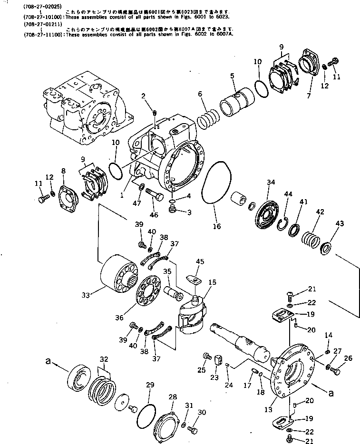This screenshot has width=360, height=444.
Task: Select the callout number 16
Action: point(217,226)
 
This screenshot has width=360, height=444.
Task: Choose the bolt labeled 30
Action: point(192,430)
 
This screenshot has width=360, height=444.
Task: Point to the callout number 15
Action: point(212,283)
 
